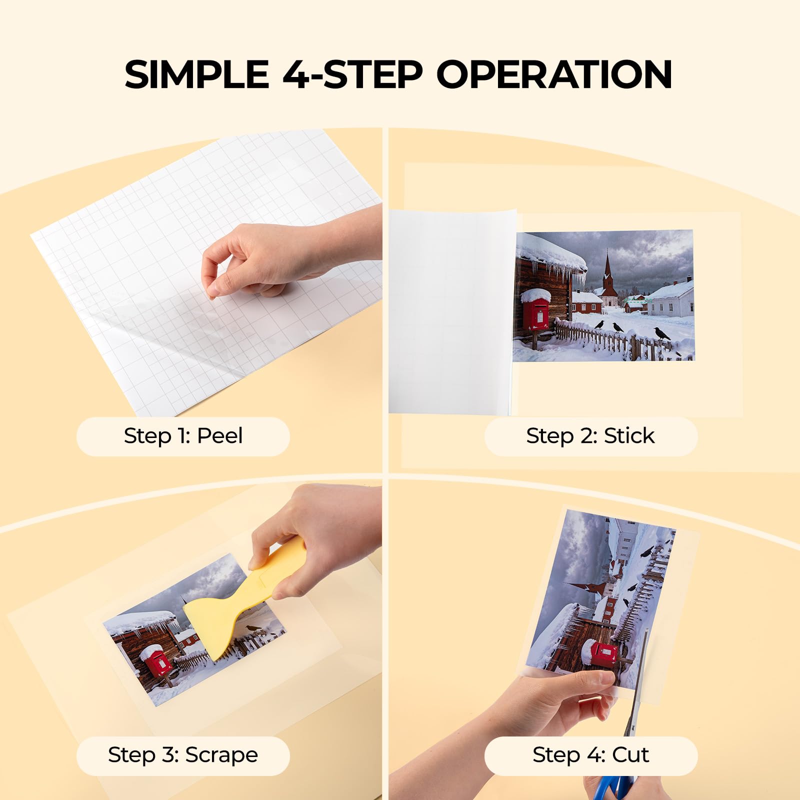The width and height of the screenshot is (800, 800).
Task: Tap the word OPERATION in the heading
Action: pyautogui.click(x=554, y=75)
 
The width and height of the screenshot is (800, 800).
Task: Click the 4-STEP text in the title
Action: pyautogui.click(x=352, y=75)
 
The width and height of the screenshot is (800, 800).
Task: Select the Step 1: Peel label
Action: pyautogui.click(x=183, y=436)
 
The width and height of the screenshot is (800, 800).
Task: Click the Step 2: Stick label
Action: pyautogui.click(x=590, y=436)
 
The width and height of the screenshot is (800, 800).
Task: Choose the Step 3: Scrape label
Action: pyautogui.click(x=183, y=755)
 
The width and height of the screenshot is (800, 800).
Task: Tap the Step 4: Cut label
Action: pyautogui.click(x=590, y=755)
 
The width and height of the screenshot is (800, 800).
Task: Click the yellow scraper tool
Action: pyautogui.click(x=230, y=610)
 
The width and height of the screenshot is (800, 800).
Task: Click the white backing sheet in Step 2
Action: pyautogui.click(x=450, y=310)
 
